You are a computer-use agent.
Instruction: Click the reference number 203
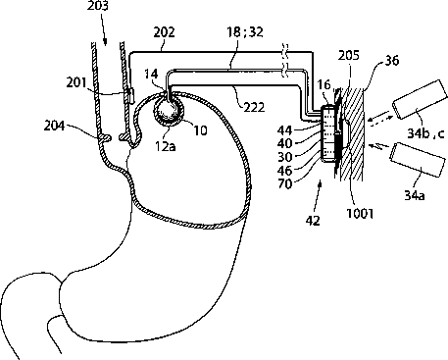coord(98,6)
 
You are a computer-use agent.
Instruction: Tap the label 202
coord(165,32)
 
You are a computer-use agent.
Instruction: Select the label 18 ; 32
coord(245,32)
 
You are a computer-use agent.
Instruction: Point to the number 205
coord(348,55)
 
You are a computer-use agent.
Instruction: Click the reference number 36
coord(391,61)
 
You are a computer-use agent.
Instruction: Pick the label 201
coord(76,82)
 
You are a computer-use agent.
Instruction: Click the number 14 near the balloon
coord(151,74)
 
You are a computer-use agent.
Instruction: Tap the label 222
coord(254,107)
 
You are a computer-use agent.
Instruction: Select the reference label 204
coord(55,126)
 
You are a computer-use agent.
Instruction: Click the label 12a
coord(166,146)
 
